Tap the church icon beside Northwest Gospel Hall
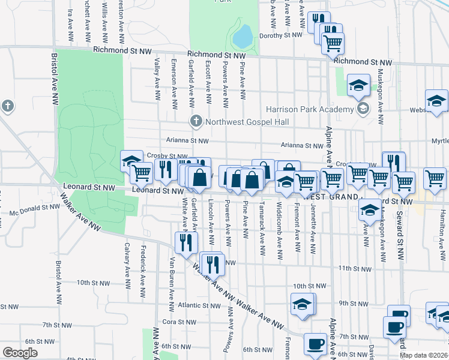click(x=196, y=122)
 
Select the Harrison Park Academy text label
click(x=310, y=109)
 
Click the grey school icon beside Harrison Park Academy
click(x=363, y=109)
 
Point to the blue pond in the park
click(x=242, y=38)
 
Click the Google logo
click(x=20, y=353)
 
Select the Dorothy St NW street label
click(x=280, y=35)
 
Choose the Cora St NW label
click(x=176, y=322)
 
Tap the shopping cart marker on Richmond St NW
click(x=333, y=43)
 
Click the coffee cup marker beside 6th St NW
click(x=315, y=344)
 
